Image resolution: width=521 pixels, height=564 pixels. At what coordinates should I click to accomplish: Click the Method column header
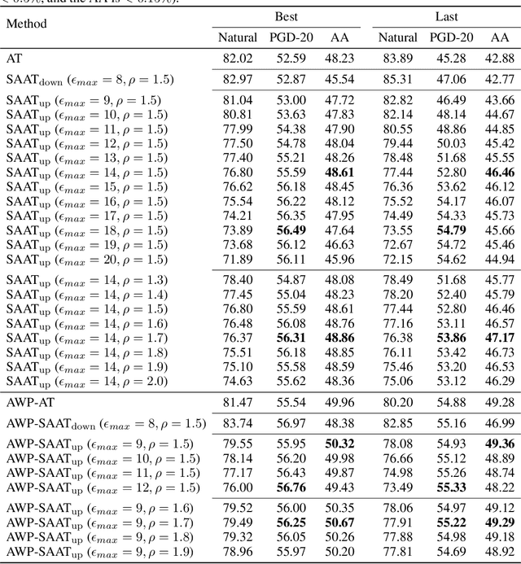click(x=28, y=24)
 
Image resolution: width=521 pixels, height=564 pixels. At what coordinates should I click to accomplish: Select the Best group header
click(x=285, y=16)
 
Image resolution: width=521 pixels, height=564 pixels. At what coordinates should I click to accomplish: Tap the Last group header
click(x=444, y=16)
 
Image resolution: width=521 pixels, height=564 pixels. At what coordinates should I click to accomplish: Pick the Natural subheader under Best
click(x=238, y=37)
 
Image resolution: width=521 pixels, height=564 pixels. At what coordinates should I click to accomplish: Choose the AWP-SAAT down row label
click(x=106, y=423)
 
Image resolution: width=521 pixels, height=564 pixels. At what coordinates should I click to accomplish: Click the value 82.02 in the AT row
click(x=238, y=59)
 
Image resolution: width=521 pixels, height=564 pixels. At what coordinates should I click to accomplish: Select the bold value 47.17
click(x=499, y=337)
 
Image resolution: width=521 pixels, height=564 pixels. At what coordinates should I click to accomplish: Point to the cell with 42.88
click(x=499, y=59)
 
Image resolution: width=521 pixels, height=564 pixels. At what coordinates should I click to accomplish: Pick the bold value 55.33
click(x=450, y=487)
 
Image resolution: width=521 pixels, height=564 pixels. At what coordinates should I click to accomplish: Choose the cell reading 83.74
click(x=238, y=423)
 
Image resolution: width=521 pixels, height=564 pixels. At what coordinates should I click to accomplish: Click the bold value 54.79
click(x=450, y=231)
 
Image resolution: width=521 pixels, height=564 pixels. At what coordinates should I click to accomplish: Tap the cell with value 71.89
click(x=238, y=259)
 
